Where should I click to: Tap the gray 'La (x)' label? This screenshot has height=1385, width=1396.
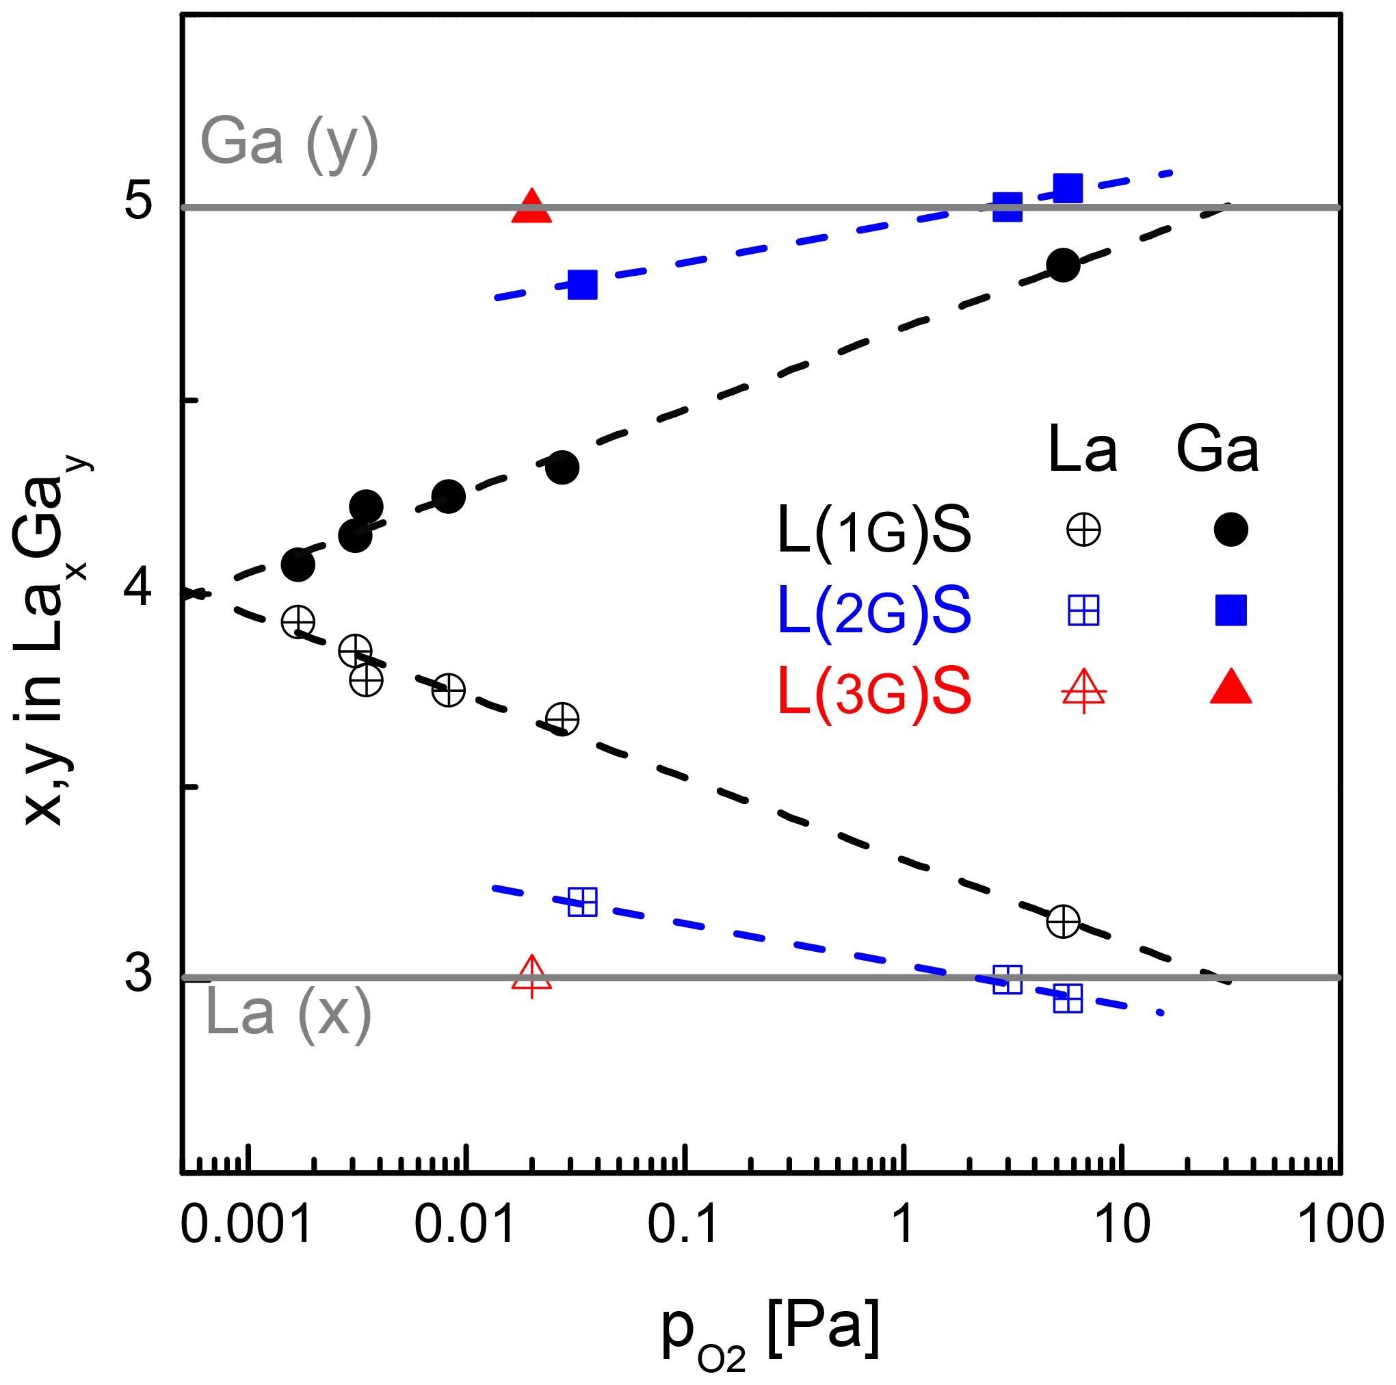click(x=287, y=1013)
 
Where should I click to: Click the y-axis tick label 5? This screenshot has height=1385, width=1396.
click(x=138, y=201)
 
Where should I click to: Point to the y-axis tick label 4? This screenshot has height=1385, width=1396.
click(x=138, y=587)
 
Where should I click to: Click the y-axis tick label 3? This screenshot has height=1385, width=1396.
click(x=138, y=974)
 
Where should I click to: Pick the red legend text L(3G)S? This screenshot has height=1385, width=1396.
click(x=873, y=692)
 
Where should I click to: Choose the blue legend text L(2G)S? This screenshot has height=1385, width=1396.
click(x=873, y=611)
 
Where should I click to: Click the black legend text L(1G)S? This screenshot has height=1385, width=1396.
click(x=873, y=530)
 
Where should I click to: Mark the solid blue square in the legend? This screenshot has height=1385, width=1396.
click(x=1230, y=610)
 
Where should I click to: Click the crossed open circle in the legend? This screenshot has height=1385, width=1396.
click(x=1083, y=530)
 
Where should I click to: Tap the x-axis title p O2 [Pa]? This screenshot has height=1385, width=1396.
click(x=770, y=1332)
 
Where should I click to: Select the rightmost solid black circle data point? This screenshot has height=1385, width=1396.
click(x=1063, y=266)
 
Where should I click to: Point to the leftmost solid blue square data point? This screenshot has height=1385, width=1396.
click(x=582, y=285)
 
